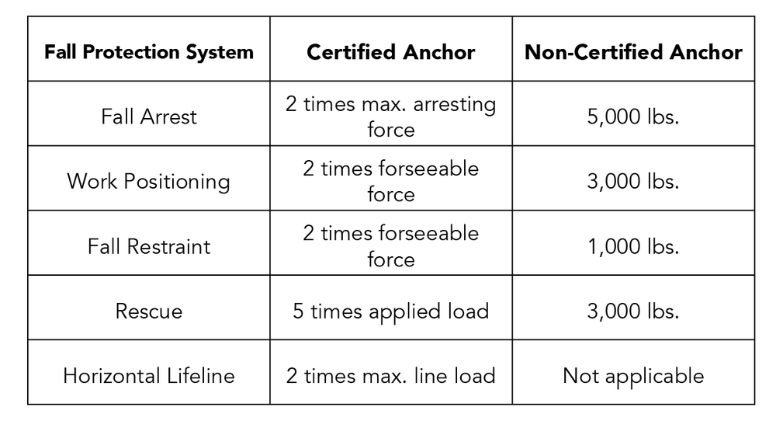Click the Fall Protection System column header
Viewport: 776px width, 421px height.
pos(149,52)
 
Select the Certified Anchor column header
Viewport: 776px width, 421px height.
pos(391,52)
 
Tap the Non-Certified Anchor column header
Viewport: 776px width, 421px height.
pos(633,52)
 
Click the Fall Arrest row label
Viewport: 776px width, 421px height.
pos(149,117)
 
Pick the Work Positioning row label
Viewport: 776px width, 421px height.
pos(149,181)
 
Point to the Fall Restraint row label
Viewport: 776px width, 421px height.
pos(149,246)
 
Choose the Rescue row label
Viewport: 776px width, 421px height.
pos(149,311)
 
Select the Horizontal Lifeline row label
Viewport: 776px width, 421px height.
pos(149,376)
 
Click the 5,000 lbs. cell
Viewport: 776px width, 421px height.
pos(633,117)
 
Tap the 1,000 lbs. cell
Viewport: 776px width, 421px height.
pos(633,246)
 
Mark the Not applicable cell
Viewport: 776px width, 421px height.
pos(633,376)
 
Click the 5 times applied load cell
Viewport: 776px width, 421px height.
pos(391,311)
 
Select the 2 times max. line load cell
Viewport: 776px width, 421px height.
pos(391,376)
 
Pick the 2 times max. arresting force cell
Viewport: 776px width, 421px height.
pos(391,117)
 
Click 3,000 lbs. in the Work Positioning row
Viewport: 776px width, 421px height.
pos(633,181)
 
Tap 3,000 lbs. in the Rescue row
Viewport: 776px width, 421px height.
pos(633,311)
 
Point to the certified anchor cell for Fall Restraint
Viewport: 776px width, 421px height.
pos(391,246)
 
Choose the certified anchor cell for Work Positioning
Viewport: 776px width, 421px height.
pos(391,181)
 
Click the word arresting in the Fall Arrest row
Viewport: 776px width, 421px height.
pos(450,104)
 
